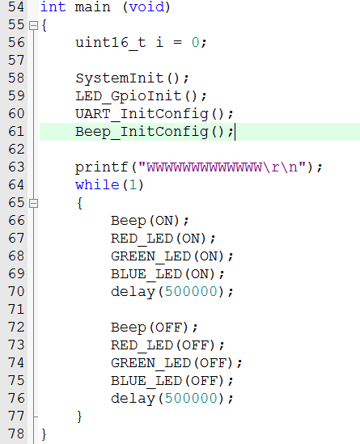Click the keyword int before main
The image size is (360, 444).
pyautogui.click(x=53, y=6)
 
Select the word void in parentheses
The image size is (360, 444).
pyautogui.click(x=146, y=6)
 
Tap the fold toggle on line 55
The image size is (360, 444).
pyautogui.click(x=33, y=26)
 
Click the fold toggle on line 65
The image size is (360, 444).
pyautogui.click(x=33, y=203)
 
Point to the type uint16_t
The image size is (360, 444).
pyautogui.click(x=111, y=43)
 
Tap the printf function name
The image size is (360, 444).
pyautogui.click(x=101, y=167)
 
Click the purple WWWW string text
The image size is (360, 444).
pyautogui.click(x=204, y=167)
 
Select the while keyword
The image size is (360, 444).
pyautogui.click(x=97, y=185)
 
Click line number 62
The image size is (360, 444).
pyautogui.click(x=16, y=150)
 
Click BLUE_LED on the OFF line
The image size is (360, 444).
pyautogui.click(x=146, y=381)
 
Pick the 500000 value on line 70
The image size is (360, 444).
pyautogui.click(x=191, y=292)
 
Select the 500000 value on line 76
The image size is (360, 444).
pyautogui.click(x=191, y=399)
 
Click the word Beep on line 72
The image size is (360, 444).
pyautogui.click(x=129, y=328)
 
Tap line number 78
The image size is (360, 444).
pyautogui.click(x=16, y=433)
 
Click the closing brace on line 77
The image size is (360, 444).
pyautogui.click(x=79, y=417)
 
